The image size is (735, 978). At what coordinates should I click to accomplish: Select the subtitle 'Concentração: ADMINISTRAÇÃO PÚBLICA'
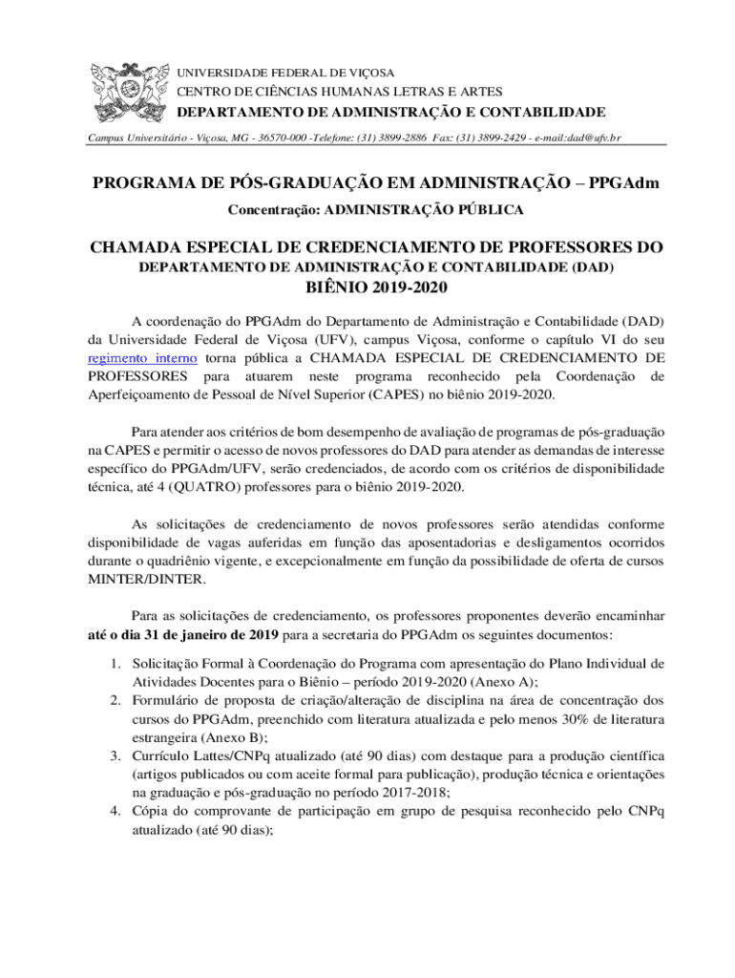[376, 208]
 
